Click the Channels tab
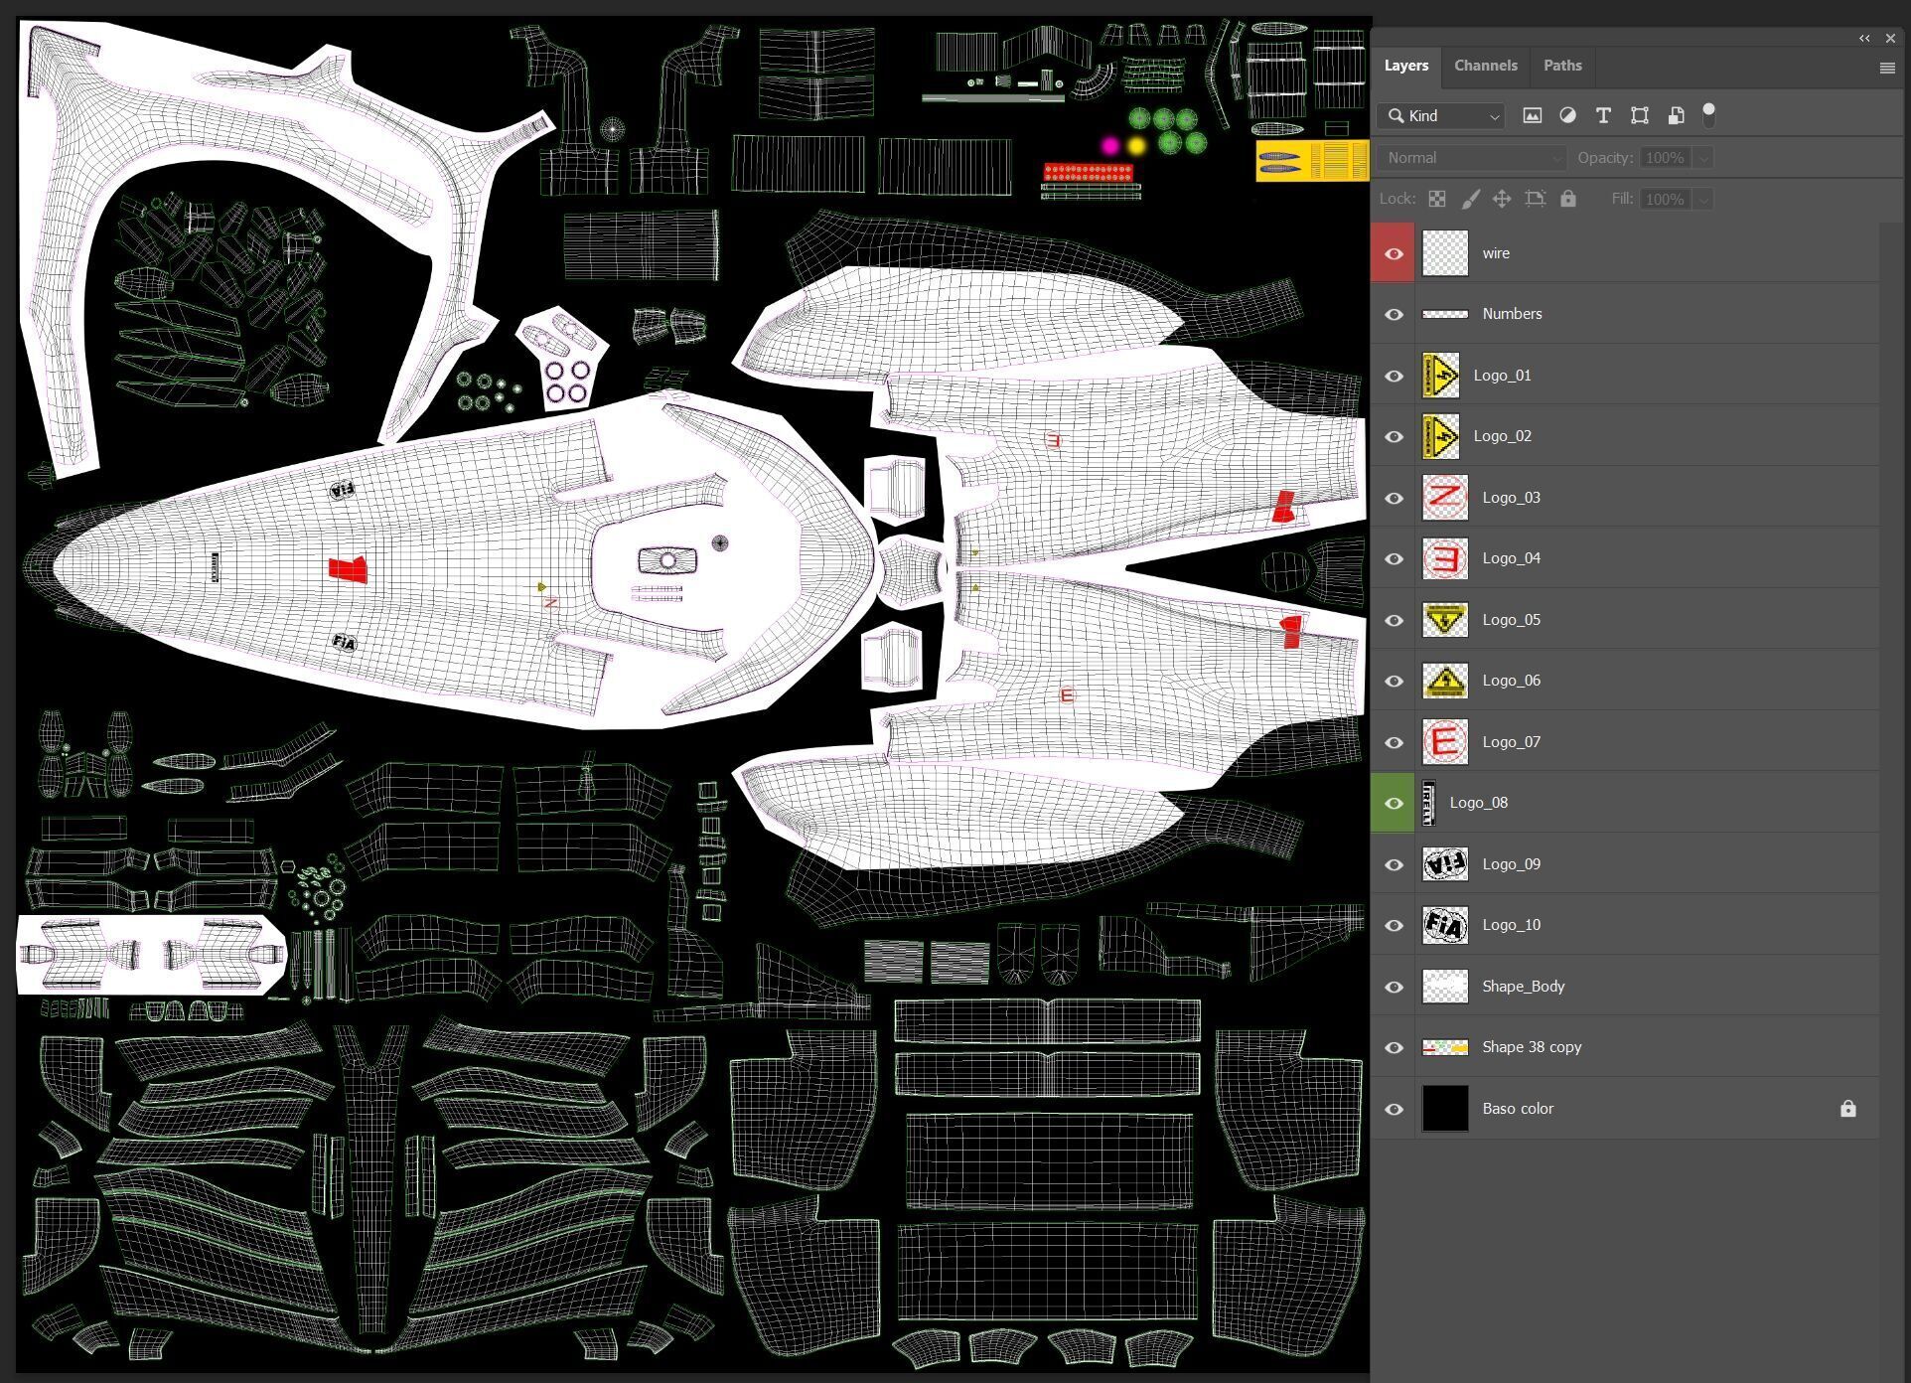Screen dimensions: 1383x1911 tap(1485, 66)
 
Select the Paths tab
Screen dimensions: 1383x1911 tap(1562, 66)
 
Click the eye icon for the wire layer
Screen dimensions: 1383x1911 tap(1394, 253)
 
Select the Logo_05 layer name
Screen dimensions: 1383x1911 tap(1511, 619)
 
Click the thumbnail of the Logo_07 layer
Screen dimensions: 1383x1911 tap(1444, 742)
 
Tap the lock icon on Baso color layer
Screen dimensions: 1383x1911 tap(1847, 1109)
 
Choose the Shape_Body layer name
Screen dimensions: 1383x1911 tap(1523, 987)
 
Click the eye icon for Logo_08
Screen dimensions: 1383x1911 tap(1394, 803)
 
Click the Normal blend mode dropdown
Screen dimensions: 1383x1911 tap(1471, 158)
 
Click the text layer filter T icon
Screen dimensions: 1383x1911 tap(1602, 116)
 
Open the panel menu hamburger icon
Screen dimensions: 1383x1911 tap(1887, 68)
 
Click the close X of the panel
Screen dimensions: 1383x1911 tap(1890, 39)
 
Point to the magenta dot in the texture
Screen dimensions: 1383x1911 tap(1109, 146)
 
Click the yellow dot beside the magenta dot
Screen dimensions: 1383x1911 tap(1136, 146)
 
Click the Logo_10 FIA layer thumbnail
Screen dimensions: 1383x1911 tap(1444, 925)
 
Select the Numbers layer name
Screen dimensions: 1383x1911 tap(1512, 314)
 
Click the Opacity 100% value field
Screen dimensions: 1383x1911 tap(1664, 158)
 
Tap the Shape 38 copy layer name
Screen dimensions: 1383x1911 tap(1532, 1047)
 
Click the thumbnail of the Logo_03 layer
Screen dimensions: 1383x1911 tap(1444, 498)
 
